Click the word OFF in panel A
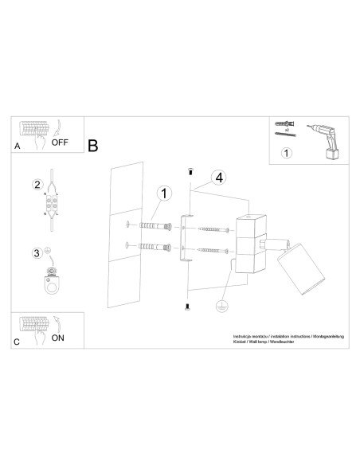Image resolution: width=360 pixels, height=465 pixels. coord(60,144)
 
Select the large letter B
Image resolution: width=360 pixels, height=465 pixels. coord(93,146)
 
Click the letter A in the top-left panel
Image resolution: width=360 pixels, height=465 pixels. coord(17,147)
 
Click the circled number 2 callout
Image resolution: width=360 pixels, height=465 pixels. coord(36,186)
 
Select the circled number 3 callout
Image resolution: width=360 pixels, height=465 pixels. coord(36,253)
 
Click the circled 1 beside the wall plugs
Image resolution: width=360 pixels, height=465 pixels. coord(163,193)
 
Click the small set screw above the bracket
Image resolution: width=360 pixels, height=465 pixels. coord(189,171)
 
